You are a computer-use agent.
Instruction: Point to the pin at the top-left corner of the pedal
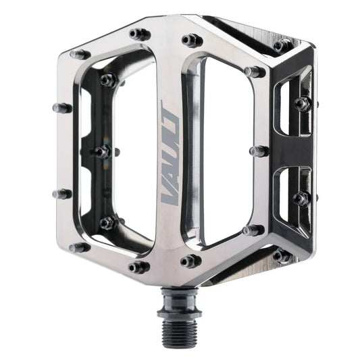pyautogui.click(x=78, y=53)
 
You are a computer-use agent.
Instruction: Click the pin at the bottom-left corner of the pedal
pyautogui.click(x=78, y=247)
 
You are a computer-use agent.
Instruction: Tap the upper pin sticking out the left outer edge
pyautogui.click(x=61, y=107)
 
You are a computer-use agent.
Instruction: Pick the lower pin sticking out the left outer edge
pyautogui.click(x=61, y=194)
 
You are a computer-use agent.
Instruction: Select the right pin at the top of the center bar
pyautogui.click(x=191, y=40)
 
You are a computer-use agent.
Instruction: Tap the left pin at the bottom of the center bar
pyautogui.click(x=139, y=267)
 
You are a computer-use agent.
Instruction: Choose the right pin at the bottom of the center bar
pyautogui.click(x=190, y=260)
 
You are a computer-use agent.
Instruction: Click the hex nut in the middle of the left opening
pyautogui.click(x=103, y=151)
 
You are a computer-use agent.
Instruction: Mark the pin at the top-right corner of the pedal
pyautogui.click(x=282, y=45)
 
